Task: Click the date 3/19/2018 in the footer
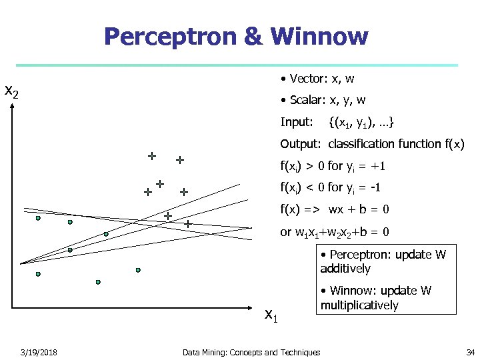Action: tap(39, 352)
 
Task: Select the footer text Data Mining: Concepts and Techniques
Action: tap(251, 352)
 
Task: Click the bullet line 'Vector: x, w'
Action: tap(317, 79)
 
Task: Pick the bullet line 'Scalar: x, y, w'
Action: tap(323, 101)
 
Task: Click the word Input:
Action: tap(297, 122)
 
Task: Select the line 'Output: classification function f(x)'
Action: tap(372, 144)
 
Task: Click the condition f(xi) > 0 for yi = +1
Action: tap(333, 166)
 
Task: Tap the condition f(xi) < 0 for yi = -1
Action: tap(330, 187)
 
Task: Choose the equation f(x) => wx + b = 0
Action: tap(335, 209)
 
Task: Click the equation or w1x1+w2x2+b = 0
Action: tap(335, 232)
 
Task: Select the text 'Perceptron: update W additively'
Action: tap(383, 261)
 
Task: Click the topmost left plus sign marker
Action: tap(152, 156)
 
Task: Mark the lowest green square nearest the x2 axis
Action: tap(38, 274)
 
